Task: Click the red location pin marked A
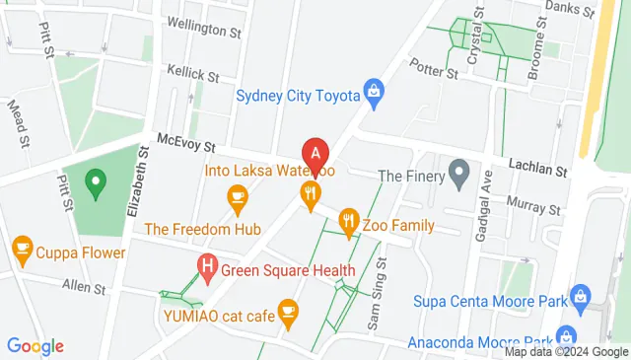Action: [x=315, y=155]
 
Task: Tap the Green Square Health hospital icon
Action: [x=207, y=264]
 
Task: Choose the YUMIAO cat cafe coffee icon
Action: [x=288, y=314]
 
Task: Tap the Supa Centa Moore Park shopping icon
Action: [x=580, y=296]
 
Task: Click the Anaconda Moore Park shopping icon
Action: [x=566, y=336]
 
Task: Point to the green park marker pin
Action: [x=95, y=181]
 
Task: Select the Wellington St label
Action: [x=204, y=31]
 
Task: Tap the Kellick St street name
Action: [x=192, y=74]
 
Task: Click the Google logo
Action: [x=35, y=346]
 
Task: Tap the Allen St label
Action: [x=84, y=289]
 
